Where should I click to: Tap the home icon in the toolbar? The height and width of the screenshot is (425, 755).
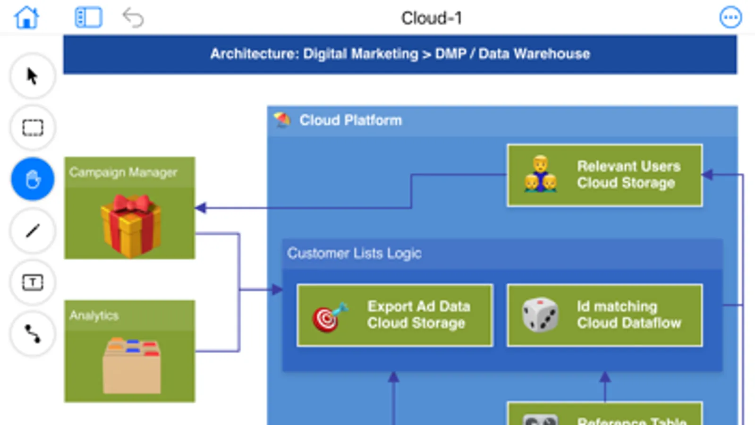pyautogui.click(x=26, y=18)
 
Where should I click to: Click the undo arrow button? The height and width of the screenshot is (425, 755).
pyautogui.click(x=133, y=18)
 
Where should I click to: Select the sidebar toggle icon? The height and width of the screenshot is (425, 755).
pyautogui.click(x=88, y=18)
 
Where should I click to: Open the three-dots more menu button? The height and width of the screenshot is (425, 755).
pyautogui.click(x=730, y=18)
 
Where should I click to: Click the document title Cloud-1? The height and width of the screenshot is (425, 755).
pyautogui.click(x=432, y=18)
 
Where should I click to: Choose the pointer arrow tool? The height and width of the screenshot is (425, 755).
pyautogui.click(x=33, y=76)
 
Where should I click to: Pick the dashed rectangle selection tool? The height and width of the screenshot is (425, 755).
pyautogui.click(x=33, y=127)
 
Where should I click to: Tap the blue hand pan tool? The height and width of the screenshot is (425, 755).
pyautogui.click(x=33, y=179)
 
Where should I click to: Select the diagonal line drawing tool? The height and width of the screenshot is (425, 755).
pyautogui.click(x=33, y=231)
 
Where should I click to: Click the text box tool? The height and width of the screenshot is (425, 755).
pyautogui.click(x=33, y=282)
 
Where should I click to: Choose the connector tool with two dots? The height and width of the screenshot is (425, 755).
pyautogui.click(x=33, y=334)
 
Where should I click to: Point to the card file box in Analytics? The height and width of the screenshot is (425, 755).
pyautogui.click(x=132, y=365)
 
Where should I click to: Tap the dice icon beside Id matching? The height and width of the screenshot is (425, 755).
pyautogui.click(x=540, y=314)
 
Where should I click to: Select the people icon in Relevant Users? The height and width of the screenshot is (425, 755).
pyautogui.click(x=540, y=175)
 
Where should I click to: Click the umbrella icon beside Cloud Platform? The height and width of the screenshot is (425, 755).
pyautogui.click(x=282, y=120)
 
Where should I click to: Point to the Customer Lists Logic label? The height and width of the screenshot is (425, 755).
pyautogui.click(x=354, y=254)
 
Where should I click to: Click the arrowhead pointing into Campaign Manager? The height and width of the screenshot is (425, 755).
pyautogui.click(x=201, y=208)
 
